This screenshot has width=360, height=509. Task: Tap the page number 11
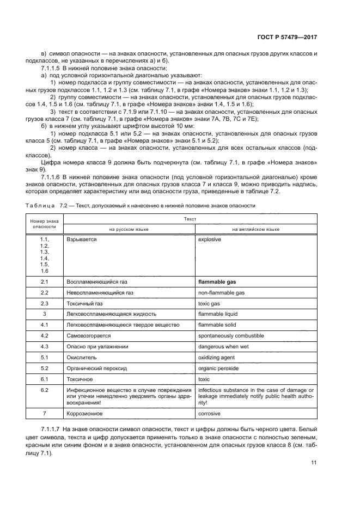click(x=314, y=463)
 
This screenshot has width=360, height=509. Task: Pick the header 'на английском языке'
click(x=255, y=229)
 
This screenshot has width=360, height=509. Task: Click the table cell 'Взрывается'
click(x=82, y=239)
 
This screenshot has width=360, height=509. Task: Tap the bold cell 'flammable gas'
click(x=221, y=282)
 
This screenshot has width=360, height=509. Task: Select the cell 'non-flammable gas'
click(x=222, y=292)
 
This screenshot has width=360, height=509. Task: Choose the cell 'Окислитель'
click(x=82, y=357)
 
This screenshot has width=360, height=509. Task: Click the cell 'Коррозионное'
click(x=84, y=414)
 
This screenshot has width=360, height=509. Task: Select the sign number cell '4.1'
click(x=45, y=325)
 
